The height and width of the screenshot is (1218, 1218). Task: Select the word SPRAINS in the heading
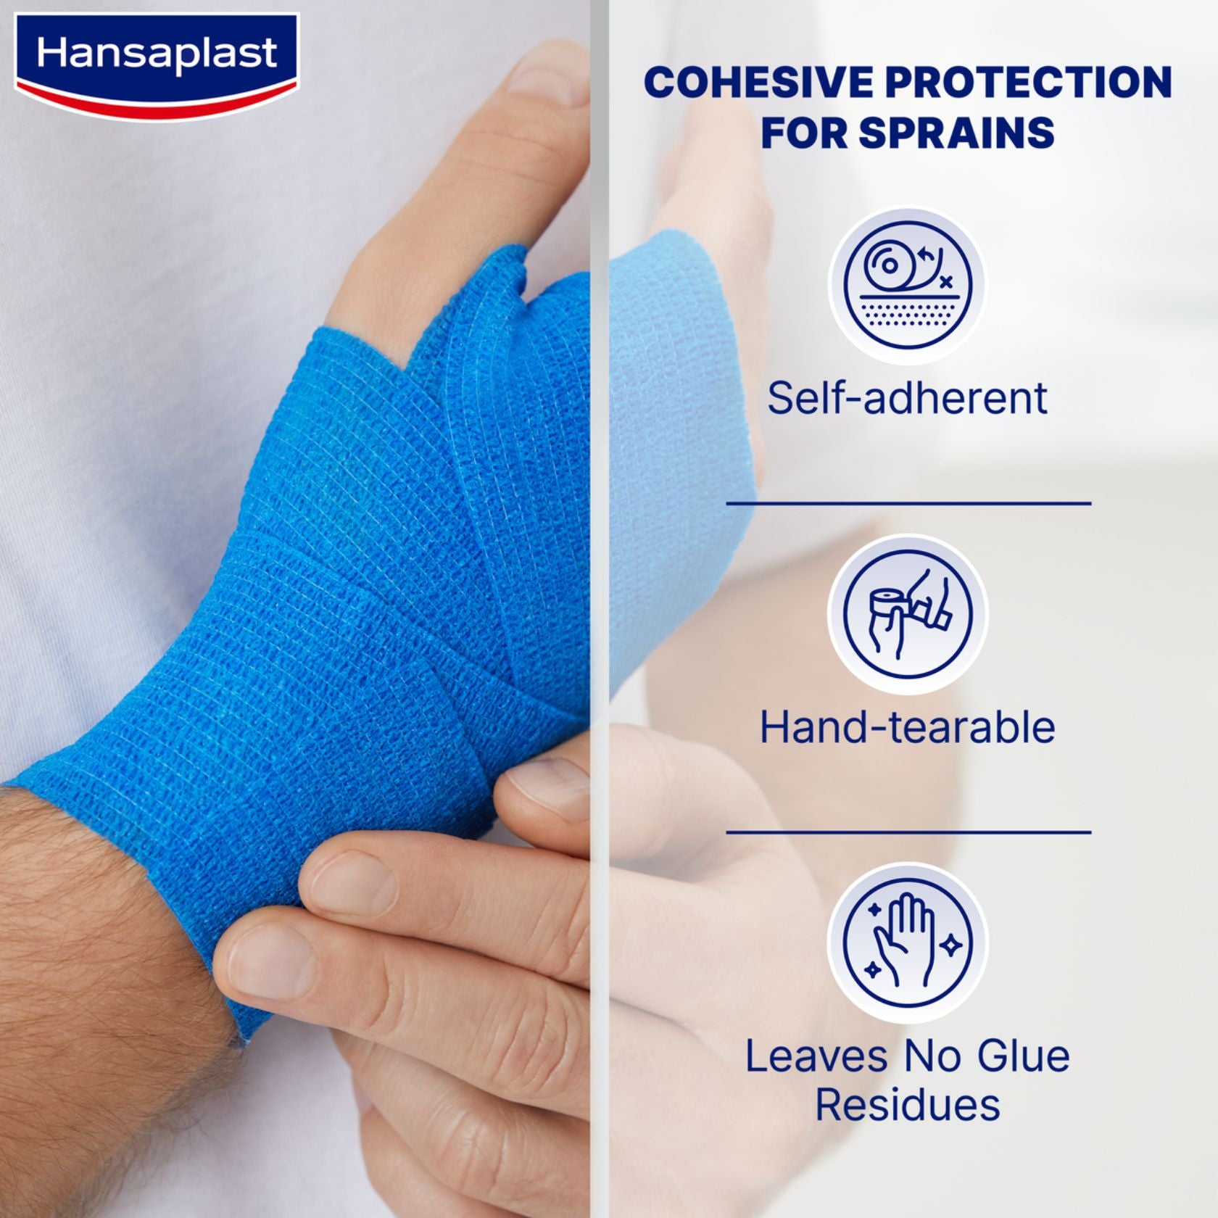(x=957, y=132)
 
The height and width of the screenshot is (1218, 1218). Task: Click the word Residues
(x=908, y=1105)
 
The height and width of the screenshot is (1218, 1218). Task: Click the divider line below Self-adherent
(x=908, y=502)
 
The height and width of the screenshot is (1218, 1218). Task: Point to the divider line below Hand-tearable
(x=908, y=832)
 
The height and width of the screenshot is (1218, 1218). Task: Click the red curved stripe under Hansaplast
(x=156, y=101)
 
